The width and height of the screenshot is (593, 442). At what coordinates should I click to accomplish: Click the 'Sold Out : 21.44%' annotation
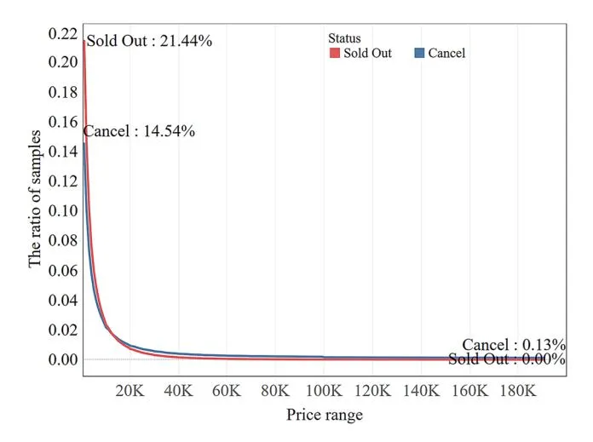pyautogui.click(x=149, y=41)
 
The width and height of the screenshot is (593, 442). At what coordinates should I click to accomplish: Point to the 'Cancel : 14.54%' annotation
pyautogui.click(x=139, y=131)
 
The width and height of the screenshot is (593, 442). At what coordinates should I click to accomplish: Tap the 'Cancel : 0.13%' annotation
pyautogui.click(x=514, y=344)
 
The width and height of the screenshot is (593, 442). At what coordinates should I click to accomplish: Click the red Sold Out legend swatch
pyautogui.click(x=335, y=53)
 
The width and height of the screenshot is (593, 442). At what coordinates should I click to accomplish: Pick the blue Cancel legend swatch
pyautogui.click(x=419, y=53)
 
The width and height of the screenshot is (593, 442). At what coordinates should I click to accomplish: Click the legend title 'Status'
pyautogui.click(x=344, y=38)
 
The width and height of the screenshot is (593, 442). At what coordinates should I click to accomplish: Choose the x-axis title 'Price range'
pyautogui.click(x=324, y=416)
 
